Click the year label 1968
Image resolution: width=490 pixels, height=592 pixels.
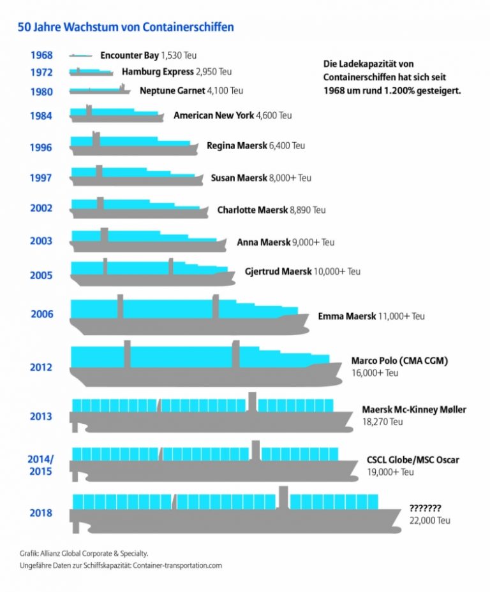[x=41, y=55]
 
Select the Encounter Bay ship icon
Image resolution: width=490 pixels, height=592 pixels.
[x=80, y=56]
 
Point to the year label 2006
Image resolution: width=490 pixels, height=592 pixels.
[x=41, y=314]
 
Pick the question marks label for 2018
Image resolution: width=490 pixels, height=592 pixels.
[x=425, y=508]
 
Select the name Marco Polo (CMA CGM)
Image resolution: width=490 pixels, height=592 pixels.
[x=399, y=361]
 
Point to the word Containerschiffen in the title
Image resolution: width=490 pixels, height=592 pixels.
[x=191, y=27]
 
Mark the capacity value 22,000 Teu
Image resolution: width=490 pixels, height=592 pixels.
[x=430, y=520]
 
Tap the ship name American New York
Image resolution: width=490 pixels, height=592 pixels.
[x=213, y=116]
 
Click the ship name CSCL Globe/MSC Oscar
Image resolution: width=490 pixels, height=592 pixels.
[x=413, y=460]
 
